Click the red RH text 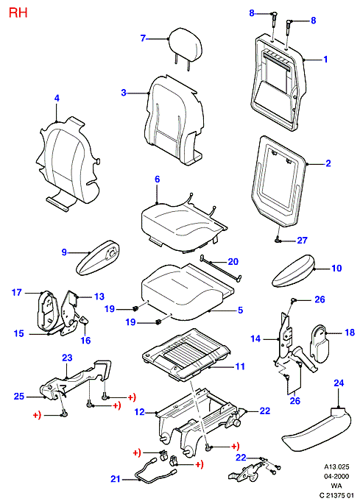(18, 13)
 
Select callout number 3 (124, 93)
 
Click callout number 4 (57, 98)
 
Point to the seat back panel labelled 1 (278, 84)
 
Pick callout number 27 (302, 240)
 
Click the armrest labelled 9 (98, 258)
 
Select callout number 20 (233, 262)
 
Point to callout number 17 (17, 293)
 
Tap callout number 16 (85, 340)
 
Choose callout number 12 (140, 412)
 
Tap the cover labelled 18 (320, 344)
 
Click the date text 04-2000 (336, 477)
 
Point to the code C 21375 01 (336, 495)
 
